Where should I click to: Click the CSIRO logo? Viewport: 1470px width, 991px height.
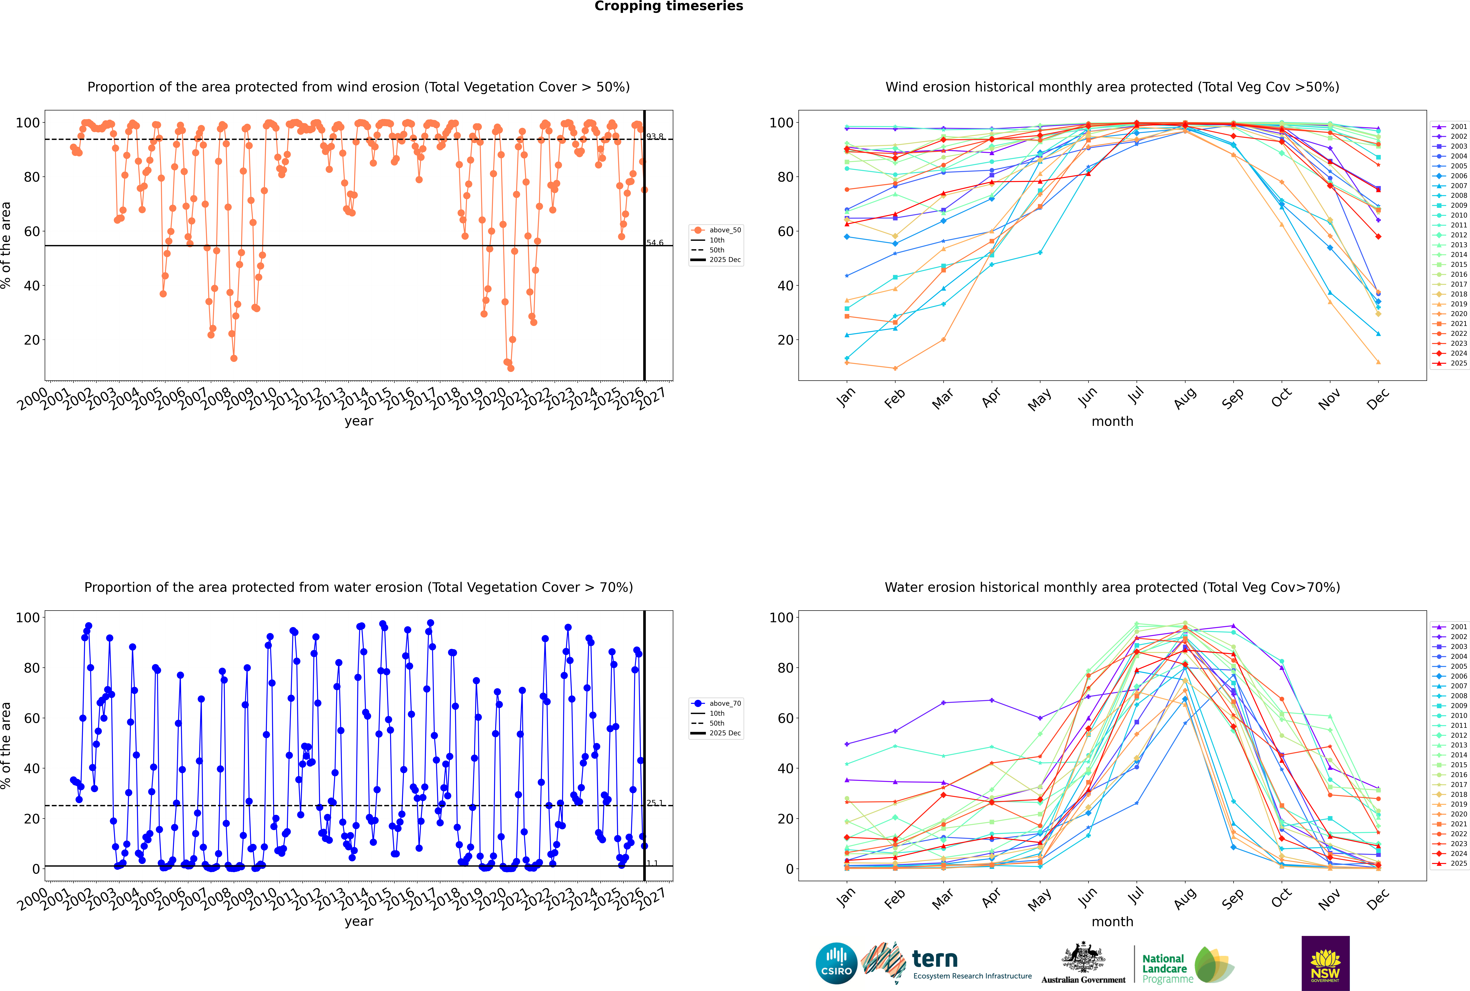[x=836, y=963]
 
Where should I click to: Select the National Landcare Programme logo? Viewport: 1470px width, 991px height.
[x=1187, y=965]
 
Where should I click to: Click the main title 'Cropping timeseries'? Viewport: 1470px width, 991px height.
[x=669, y=6]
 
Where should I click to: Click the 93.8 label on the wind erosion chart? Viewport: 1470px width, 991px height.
[x=655, y=136]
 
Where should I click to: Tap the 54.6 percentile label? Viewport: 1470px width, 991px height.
[x=655, y=243]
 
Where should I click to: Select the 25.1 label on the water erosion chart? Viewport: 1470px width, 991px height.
[x=655, y=803]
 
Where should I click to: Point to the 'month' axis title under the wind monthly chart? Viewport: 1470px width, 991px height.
[x=1112, y=422]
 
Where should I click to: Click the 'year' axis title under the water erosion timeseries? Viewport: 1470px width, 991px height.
[x=359, y=922]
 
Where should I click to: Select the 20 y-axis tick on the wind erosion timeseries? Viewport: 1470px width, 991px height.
[x=32, y=340]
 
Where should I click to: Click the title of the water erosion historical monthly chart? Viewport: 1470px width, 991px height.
[x=1112, y=587]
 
